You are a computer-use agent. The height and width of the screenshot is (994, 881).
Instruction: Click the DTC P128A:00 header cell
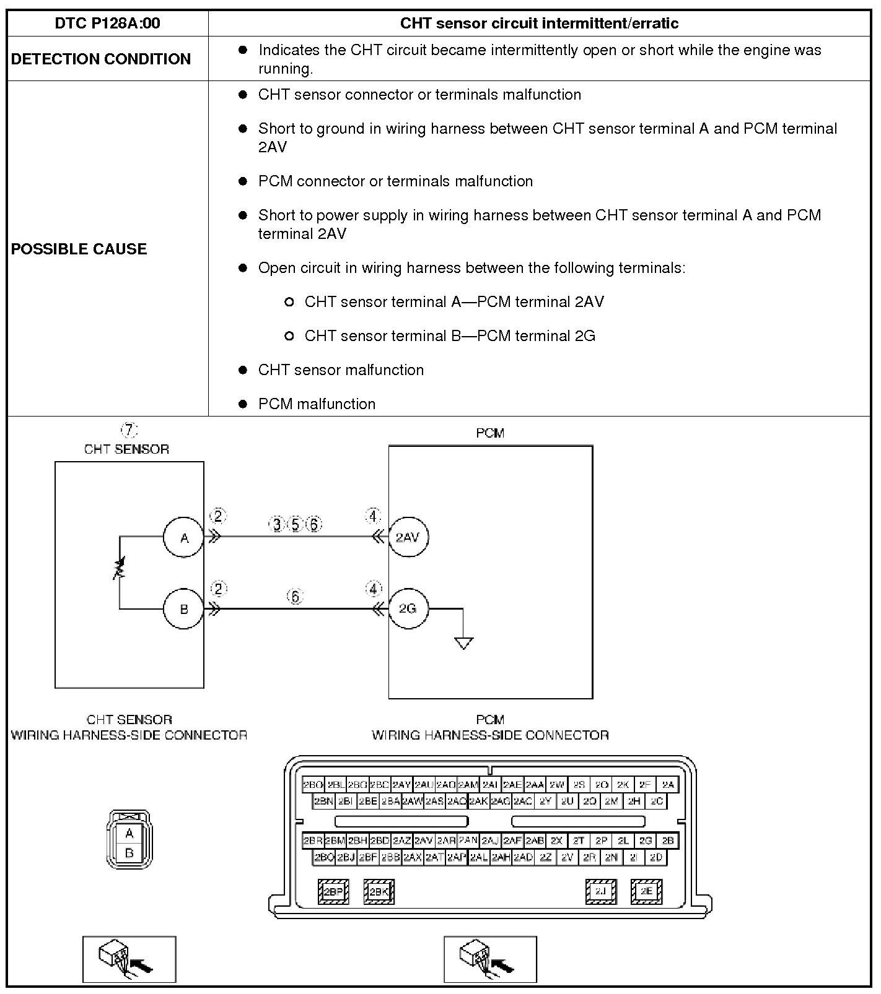[107, 24]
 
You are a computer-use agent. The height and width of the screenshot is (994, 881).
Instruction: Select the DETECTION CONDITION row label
[100, 59]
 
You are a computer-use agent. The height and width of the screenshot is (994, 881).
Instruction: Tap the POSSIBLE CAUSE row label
[79, 249]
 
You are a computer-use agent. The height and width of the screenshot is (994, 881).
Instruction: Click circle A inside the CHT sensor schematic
[183, 538]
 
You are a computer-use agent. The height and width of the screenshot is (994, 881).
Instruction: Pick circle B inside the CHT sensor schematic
[183, 609]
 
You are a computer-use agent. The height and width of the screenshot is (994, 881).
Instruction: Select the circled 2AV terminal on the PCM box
[408, 537]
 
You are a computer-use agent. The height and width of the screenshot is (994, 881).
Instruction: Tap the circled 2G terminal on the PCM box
[408, 608]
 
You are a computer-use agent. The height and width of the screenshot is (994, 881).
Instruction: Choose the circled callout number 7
[128, 430]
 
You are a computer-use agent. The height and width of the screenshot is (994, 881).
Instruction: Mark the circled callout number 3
[277, 525]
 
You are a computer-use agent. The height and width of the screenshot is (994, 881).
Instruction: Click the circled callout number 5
[296, 525]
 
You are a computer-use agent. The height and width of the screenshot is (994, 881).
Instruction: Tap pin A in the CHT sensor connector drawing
[129, 833]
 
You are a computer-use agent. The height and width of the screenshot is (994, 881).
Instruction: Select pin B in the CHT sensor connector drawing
[129, 853]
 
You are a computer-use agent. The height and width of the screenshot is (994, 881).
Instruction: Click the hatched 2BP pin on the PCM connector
[333, 892]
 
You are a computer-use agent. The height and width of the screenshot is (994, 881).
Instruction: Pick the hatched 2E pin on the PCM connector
[646, 892]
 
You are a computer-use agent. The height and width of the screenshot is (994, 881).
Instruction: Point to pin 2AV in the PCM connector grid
[424, 841]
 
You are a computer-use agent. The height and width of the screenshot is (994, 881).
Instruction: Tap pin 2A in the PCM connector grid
[668, 785]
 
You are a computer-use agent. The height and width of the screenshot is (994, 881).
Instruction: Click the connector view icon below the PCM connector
[490, 959]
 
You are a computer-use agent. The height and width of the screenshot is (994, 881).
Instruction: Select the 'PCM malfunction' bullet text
[317, 404]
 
